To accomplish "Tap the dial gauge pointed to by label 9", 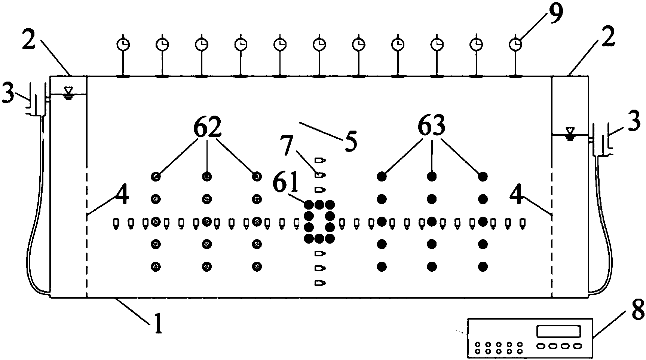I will click(516, 45).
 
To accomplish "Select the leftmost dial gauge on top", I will click(122, 45).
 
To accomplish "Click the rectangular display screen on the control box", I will click(558, 331).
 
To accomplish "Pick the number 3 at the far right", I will click(633, 123).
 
